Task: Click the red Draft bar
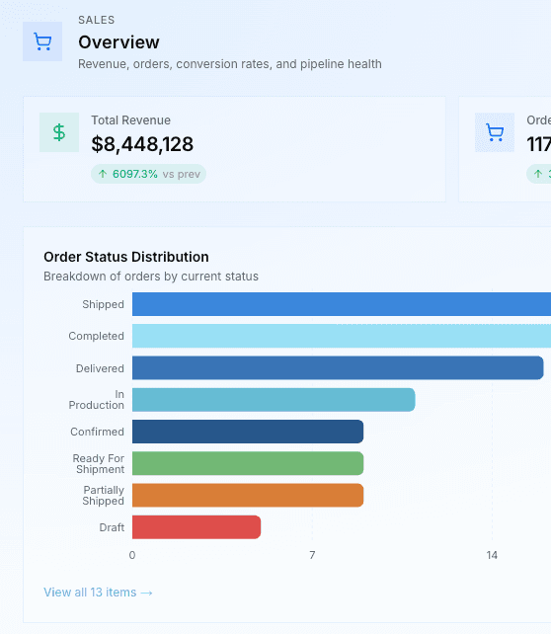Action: coord(196,527)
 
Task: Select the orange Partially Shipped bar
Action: coord(247,496)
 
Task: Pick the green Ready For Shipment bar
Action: coord(247,463)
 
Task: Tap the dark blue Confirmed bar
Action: coord(247,432)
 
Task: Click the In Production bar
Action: coord(273,400)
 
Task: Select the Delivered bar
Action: coord(337,368)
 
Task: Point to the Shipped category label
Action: coord(103,304)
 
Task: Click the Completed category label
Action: coord(96,336)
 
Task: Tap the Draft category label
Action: coord(112,527)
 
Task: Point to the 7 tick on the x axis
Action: coord(312,556)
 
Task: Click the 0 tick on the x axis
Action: coord(132,556)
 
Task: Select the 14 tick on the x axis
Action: coord(492,556)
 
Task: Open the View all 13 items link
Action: coord(98,593)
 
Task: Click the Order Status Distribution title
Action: coord(125,257)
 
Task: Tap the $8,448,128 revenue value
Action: coord(142,144)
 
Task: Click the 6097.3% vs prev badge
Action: coord(148,174)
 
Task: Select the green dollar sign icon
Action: coord(59,132)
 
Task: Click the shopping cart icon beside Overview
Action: coord(42,41)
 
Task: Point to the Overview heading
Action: coord(118,42)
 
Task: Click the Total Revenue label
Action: coord(131,119)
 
